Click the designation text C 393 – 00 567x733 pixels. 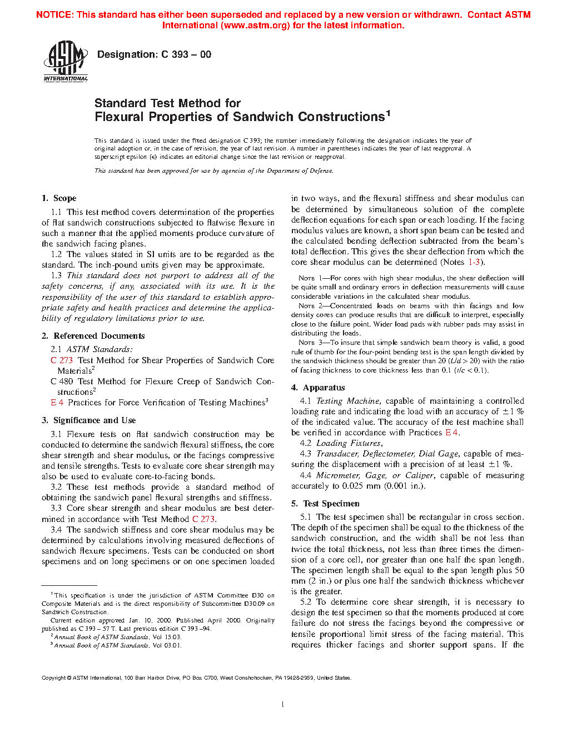(x=154, y=54)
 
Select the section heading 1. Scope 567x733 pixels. (x=59, y=198)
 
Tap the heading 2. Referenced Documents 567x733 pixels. (x=93, y=336)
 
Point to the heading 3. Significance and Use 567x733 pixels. (x=88, y=420)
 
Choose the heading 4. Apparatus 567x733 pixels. (x=318, y=388)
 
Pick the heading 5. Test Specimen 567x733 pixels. (x=325, y=504)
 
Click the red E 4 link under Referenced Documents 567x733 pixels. (x=57, y=403)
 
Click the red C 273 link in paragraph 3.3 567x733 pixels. (x=203, y=519)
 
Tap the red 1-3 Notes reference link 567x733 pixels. (x=474, y=262)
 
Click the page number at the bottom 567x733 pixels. (x=283, y=705)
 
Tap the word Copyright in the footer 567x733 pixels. (x=54, y=678)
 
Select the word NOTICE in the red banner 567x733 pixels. (x=54, y=15)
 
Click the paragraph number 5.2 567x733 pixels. (x=306, y=602)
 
